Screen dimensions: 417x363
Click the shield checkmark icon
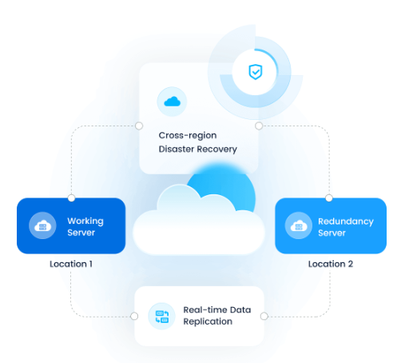point(256,72)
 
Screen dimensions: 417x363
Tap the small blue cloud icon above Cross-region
point(172,102)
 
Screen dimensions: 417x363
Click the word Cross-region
point(188,136)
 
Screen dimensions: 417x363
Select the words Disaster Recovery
point(197,150)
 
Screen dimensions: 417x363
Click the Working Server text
point(85,226)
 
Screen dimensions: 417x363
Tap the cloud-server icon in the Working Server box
point(42,225)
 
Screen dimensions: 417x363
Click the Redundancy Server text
point(346,227)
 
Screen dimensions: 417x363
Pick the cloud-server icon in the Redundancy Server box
point(299,225)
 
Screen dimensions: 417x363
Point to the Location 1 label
point(71,264)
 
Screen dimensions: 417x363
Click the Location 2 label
point(331,264)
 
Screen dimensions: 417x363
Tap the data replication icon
point(161,316)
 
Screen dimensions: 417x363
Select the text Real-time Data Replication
point(217,316)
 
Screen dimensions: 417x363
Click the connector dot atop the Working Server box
point(71,198)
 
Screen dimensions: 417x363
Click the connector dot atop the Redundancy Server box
point(329,198)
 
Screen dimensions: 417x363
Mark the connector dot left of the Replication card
point(134,316)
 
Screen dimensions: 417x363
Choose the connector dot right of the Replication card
point(264,316)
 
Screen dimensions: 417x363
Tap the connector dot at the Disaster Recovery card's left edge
point(139,126)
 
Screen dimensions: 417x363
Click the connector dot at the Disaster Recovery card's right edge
point(259,126)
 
